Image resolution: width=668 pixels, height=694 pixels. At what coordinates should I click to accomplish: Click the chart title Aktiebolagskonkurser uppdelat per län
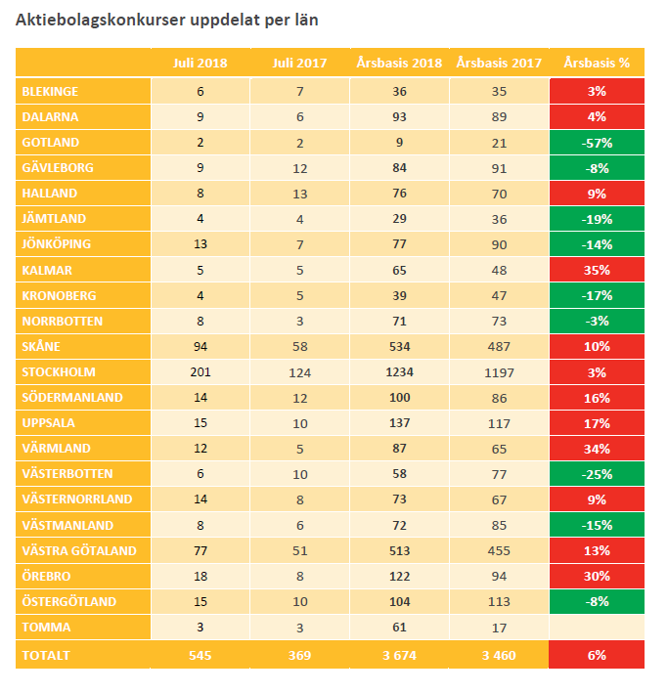(x=166, y=20)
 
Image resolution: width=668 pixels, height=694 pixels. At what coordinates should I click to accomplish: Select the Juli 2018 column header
(x=200, y=63)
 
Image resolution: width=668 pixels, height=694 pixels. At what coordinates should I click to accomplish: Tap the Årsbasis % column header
(x=597, y=63)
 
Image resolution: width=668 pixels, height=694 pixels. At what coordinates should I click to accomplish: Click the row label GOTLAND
(x=50, y=142)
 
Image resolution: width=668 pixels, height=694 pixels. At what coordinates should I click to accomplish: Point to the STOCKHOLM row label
(x=59, y=372)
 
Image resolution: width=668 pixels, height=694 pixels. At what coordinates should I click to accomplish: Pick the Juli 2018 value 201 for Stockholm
(x=200, y=372)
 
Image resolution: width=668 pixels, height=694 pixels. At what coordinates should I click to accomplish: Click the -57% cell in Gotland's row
(x=597, y=142)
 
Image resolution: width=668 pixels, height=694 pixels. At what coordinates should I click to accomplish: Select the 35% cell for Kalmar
(x=597, y=270)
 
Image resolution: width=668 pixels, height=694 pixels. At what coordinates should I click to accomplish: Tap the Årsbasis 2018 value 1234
(x=399, y=372)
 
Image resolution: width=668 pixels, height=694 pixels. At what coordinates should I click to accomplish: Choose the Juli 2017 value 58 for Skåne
(x=299, y=347)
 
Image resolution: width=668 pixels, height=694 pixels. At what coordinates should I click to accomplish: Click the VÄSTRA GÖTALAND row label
(x=78, y=551)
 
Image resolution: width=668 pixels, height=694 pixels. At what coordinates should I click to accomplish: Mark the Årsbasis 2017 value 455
(x=499, y=551)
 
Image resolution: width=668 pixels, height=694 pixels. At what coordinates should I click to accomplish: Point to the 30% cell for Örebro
(x=597, y=577)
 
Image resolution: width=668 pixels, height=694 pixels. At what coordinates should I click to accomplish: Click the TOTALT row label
(x=47, y=655)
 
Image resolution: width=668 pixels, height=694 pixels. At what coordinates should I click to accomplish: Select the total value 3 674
(x=399, y=655)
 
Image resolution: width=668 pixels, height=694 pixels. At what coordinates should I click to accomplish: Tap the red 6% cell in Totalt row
(x=597, y=655)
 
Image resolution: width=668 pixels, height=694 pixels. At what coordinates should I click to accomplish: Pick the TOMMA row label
(x=46, y=628)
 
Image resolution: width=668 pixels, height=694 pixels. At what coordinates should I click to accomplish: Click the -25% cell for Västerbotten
(x=597, y=474)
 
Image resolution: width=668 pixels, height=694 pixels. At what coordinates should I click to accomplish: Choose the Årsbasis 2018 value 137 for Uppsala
(x=399, y=423)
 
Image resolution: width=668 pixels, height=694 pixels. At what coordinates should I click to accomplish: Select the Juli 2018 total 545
(x=200, y=655)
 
